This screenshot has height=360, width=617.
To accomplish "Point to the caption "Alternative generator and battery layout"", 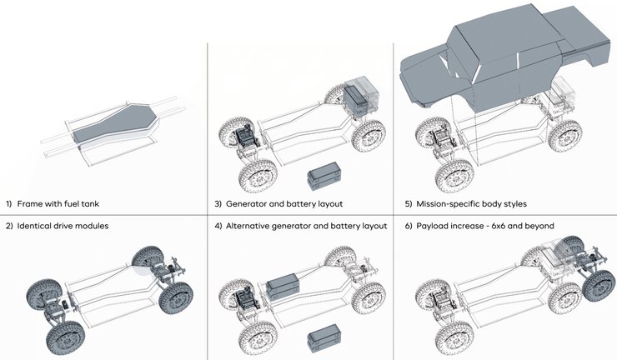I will coord(305,226).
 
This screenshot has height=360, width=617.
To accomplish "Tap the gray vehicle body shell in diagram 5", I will coord(500,58).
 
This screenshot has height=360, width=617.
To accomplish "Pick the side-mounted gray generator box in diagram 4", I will coord(291,287).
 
